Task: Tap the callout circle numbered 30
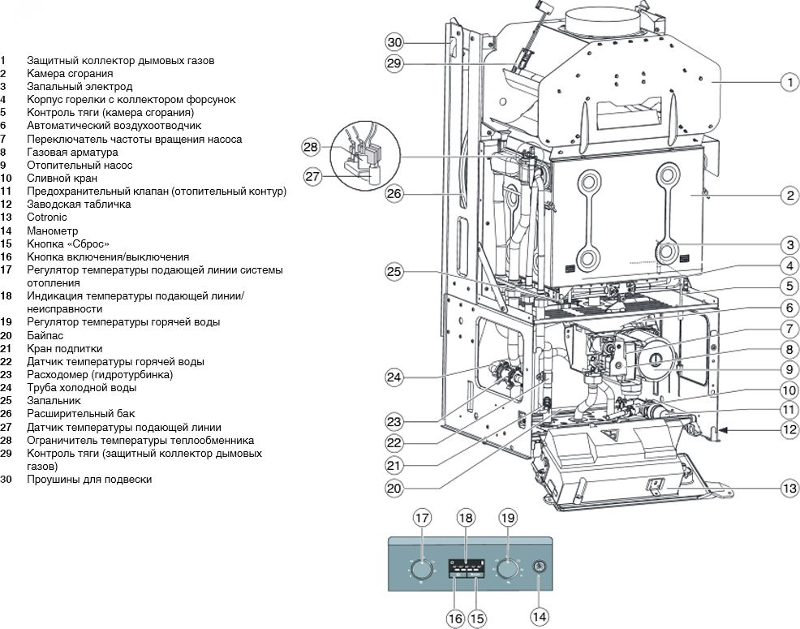point(394,41)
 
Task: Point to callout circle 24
point(394,377)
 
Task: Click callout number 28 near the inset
point(311,147)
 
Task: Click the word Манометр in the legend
point(50,230)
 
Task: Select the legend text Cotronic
point(47,218)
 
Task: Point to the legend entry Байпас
point(45,335)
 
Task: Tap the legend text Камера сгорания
point(69,74)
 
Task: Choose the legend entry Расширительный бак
point(74,414)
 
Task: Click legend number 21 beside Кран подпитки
point(6,348)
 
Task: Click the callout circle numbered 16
point(455,619)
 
